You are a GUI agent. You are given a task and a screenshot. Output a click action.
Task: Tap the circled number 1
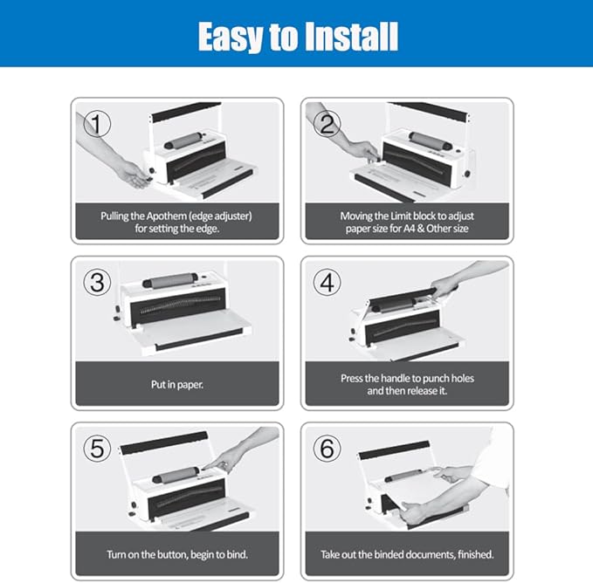click(97, 124)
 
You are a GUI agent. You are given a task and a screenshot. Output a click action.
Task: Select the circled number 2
click(328, 124)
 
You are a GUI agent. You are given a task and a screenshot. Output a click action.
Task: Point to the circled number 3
click(97, 282)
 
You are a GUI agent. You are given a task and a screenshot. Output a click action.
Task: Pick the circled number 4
click(328, 282)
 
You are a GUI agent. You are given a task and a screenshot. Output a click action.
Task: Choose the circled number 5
click(97, 449)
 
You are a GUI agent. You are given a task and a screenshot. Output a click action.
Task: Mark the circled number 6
click(328, 449)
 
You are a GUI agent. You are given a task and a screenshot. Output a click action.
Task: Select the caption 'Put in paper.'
click(177, 385)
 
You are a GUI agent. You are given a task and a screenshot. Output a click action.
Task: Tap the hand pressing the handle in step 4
click(445, 285)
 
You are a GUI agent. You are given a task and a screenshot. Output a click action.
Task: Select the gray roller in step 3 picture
click(170, 280)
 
